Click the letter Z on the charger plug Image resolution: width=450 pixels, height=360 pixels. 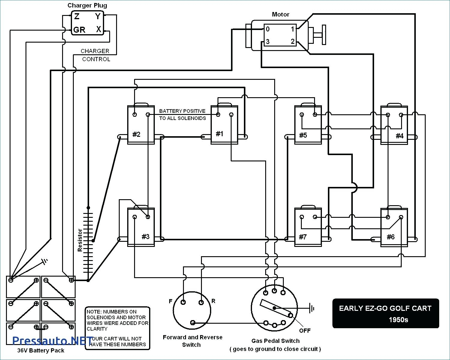(x=77, y=16)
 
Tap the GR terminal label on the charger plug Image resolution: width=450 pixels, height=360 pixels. (x=79, y=30)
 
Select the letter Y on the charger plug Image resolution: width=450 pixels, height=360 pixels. (x=98, y=16)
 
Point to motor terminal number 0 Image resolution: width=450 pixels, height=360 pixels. (x=268, y=29)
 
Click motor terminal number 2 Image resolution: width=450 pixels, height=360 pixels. (x=292, y=41)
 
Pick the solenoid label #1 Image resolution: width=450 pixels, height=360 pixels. (x=220, y=134)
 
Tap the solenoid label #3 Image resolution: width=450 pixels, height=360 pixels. (x=145, y=237)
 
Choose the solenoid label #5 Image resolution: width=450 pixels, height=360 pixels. (x=303, y=135)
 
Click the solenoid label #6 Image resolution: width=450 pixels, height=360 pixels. (x=391, y=237)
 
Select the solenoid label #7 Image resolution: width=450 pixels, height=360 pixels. (x=303, y=237)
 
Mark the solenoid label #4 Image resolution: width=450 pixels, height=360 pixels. (x=400, y=136)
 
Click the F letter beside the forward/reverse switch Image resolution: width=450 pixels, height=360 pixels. (x=171, y=301)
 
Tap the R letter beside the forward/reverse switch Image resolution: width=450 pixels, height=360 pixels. (x=213, y=301)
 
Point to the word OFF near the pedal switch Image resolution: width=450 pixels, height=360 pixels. (x=305, y=331)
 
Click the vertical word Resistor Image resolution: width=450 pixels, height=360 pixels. (x=80, y=240)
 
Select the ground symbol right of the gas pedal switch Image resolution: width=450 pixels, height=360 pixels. (x=312, y=308)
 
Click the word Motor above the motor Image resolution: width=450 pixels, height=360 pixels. (x=280, y=14)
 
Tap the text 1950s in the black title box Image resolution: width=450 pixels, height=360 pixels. (x=399, y=320)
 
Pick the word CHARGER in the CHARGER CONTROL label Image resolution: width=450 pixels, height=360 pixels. (x=95, y=51)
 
